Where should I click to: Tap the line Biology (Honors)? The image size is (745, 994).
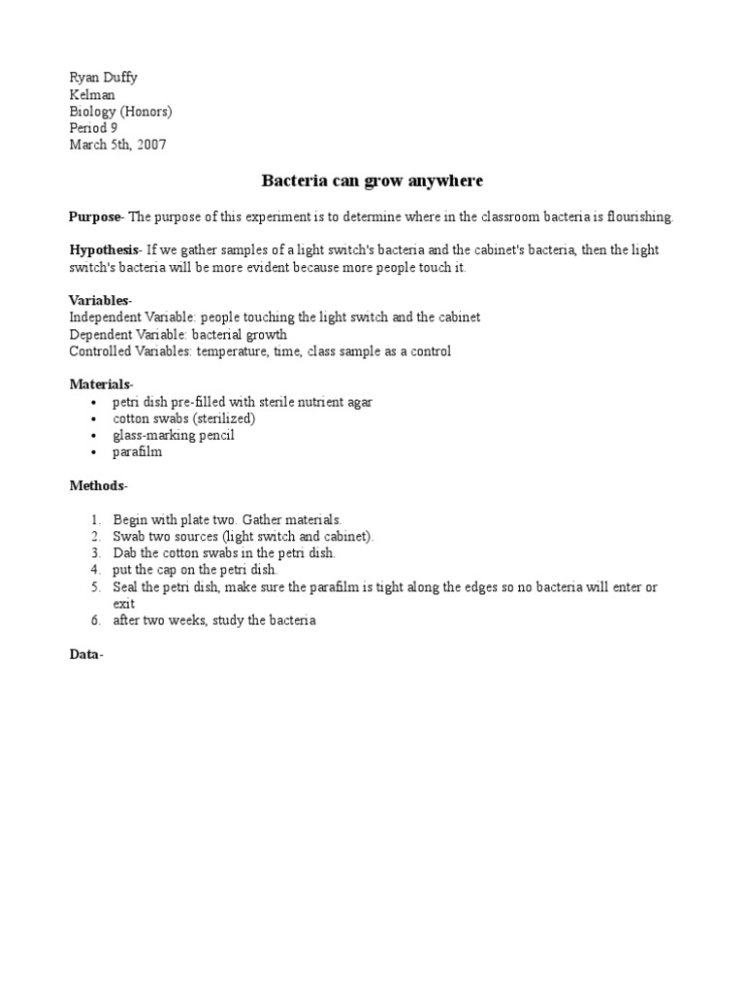(x=120, y=112)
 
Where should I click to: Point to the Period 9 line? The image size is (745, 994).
(x=93, y=128)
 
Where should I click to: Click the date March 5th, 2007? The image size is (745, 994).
(x=117, y=145)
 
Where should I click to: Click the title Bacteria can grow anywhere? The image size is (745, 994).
(x=372, y=182)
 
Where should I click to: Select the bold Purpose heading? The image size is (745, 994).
(x=94, y=216)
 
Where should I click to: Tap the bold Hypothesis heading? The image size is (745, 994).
(x=104, y=249)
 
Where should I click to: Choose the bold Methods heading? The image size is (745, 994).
(x=97, y=484)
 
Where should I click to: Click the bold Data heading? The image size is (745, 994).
(x=85, y=654)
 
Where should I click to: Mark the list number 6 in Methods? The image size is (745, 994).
(x=96, y=620)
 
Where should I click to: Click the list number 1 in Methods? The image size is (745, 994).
(x=96, y=520)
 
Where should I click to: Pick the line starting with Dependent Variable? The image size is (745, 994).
(x=178, y=335)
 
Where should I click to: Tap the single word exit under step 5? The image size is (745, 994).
(x=124, y=603)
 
